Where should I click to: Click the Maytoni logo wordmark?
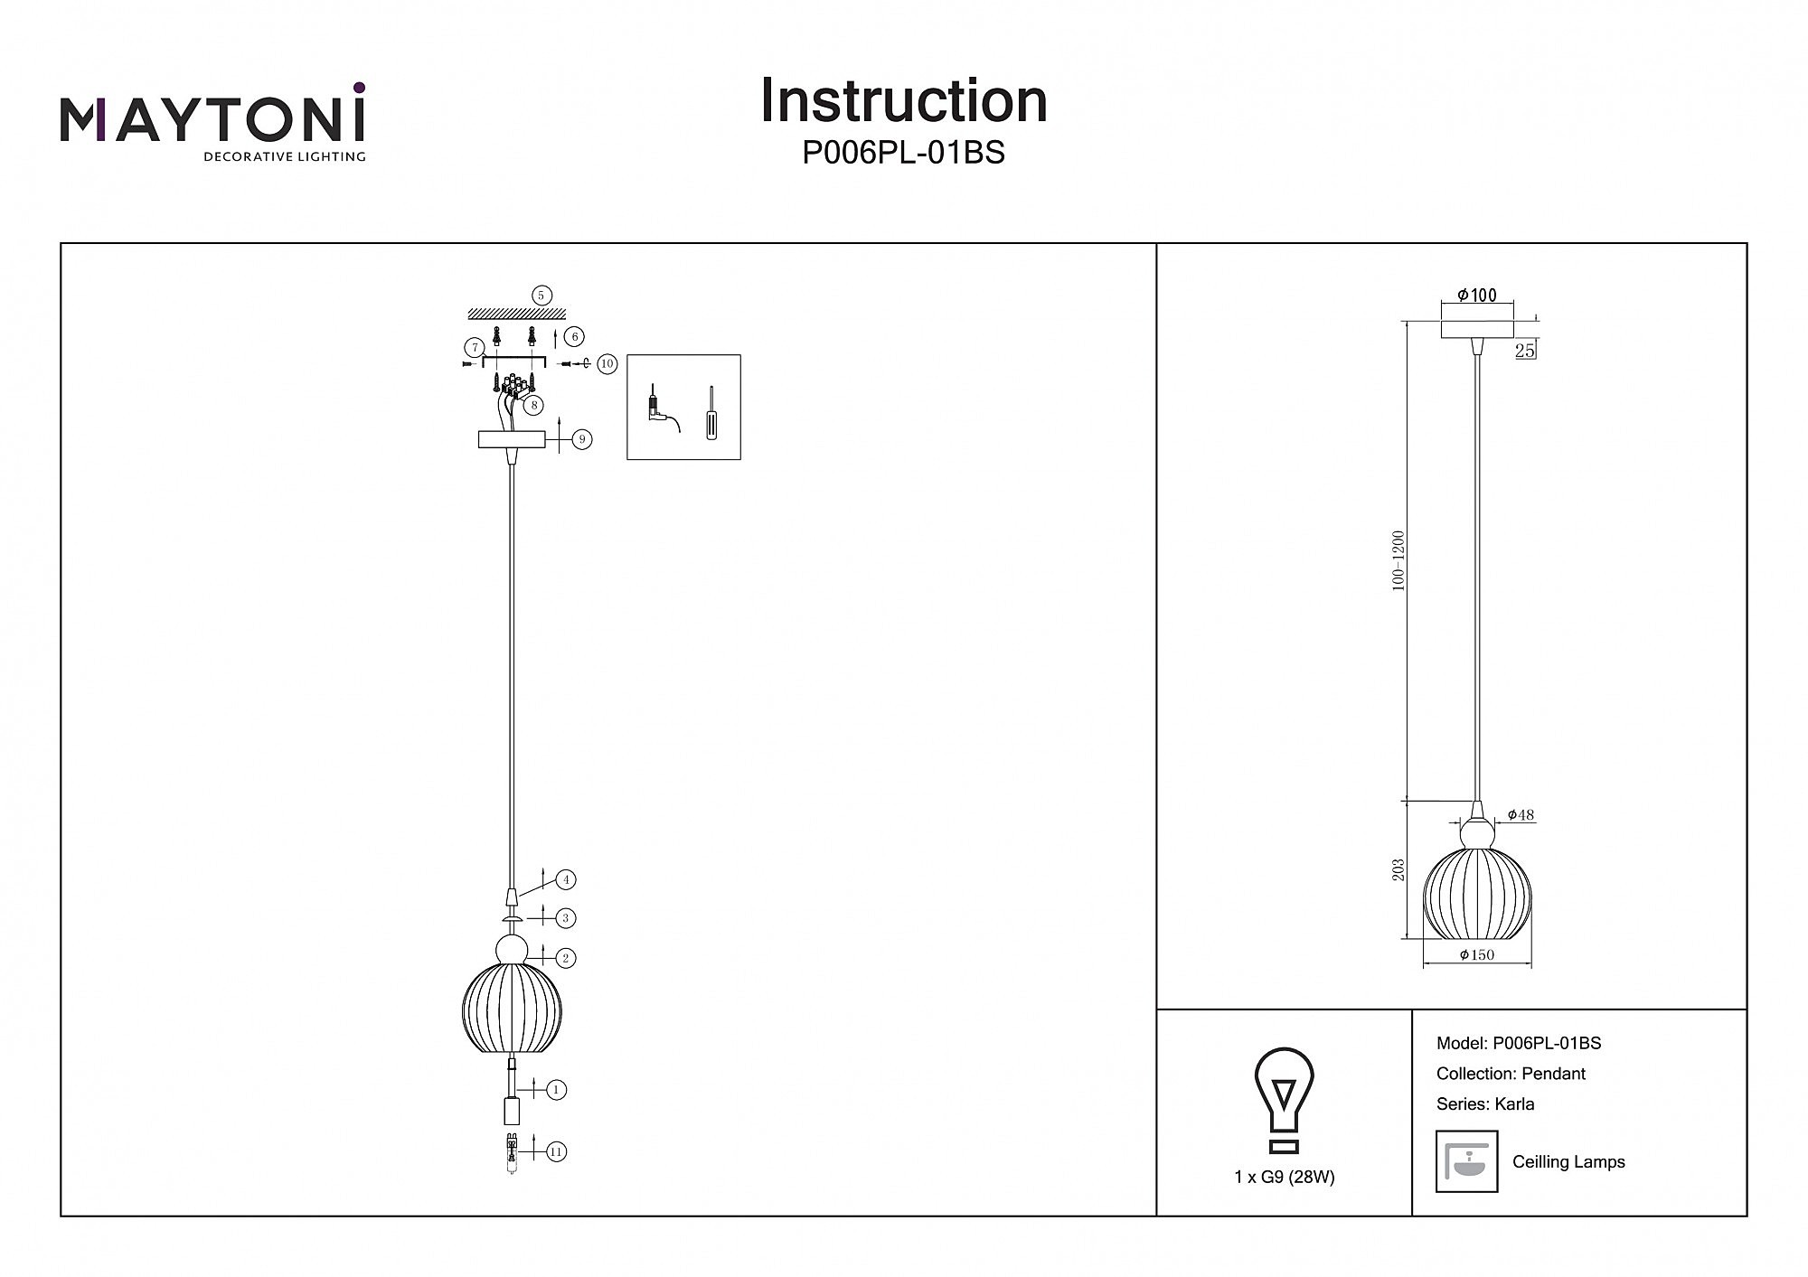(x=213, y=120)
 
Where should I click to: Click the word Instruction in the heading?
(x=903, y=100)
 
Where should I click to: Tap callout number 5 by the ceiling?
(x=541, y=296)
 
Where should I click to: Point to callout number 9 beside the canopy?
(x=582, y=439)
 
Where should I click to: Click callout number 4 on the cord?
(x=566, y=879)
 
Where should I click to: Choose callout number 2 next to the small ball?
(x=566, y=958)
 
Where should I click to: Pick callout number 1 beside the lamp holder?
(x=557, y=1090)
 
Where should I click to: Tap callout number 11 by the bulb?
(x=557, y=1151)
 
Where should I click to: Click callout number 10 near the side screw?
(x=607, y=364)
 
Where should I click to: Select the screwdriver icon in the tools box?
(x=711, y=414)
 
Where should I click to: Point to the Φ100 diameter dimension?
(x=1477, y=296)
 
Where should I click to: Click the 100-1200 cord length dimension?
(x=1398, y=560)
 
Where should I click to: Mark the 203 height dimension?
(x=1398, y=870)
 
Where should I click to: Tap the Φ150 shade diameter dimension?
(x=1477, y=955)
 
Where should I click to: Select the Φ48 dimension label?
(x=1521, y=815)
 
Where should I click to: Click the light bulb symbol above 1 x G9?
(x=1284, y=1101)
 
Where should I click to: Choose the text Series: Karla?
(x=1485, y=1103)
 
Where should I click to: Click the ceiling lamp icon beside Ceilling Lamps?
(x=1466, y=1161)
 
